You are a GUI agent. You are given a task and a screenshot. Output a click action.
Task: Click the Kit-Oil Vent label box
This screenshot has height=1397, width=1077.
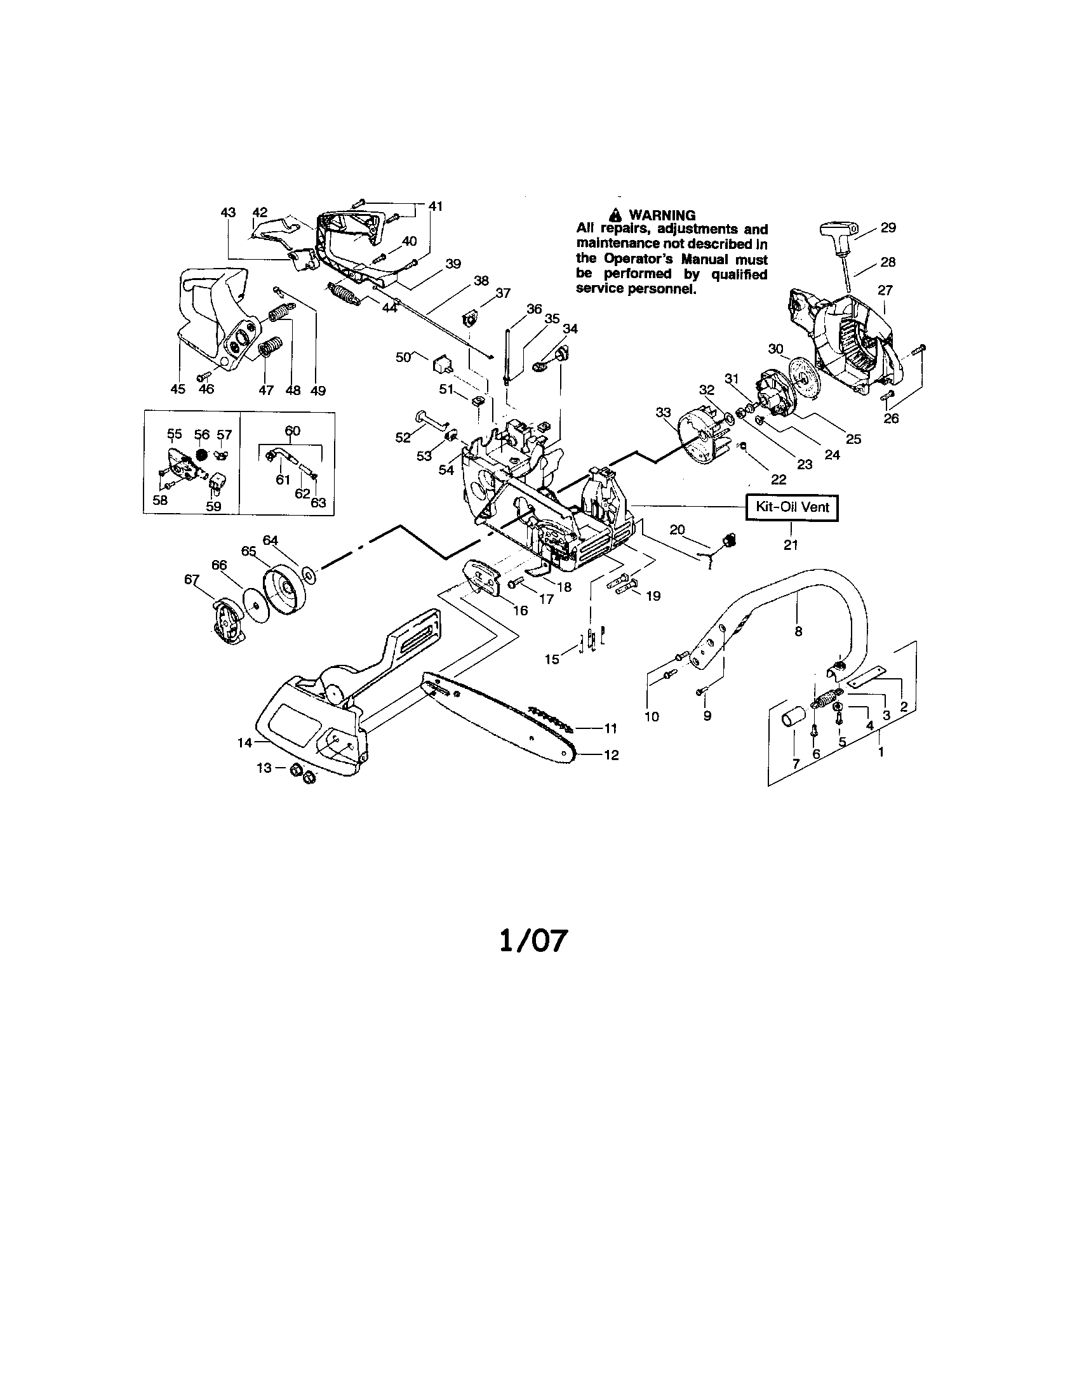(x=793, y=507)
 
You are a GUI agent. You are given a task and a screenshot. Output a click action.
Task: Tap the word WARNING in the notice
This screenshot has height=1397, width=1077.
(x=662, y=215)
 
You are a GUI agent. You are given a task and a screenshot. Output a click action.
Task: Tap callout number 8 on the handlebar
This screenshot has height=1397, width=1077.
(x=798, y=631)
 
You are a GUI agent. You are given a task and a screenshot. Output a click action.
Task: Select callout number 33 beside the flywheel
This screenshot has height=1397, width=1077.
(x=664, y=413)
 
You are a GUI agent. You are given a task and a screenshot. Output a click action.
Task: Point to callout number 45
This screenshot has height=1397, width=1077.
(x=178, y=389)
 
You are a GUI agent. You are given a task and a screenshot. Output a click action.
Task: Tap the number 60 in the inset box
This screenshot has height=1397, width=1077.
(x=292, y=431)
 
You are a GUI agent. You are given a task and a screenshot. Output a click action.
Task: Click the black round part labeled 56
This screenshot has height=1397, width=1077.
(x=202, y=453)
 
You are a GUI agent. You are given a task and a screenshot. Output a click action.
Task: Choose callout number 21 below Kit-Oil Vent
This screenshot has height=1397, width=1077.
(x=791, y=544)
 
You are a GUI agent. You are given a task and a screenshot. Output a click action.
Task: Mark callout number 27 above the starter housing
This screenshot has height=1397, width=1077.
(x=885, y=290)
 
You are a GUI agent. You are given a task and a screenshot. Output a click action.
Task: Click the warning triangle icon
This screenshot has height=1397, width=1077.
(x=615, y=215)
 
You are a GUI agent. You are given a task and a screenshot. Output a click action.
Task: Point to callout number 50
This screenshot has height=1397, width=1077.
(x=403, y=358)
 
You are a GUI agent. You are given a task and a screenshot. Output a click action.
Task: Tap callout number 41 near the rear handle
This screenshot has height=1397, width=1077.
(x=436, y=206)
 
